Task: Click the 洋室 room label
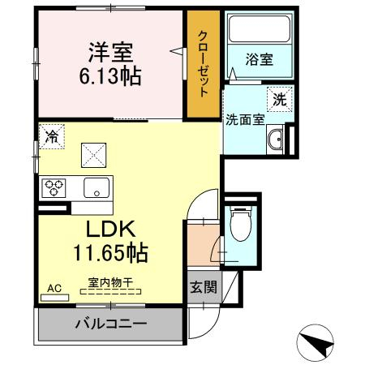click(x=110, y=53)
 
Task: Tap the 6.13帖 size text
click(x=110, y=76)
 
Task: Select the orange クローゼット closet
click(x=204, y=64)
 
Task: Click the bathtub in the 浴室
click(x=259, y=29)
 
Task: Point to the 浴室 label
click(x=259, y=59)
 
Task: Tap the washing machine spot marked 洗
click(x=280, y=99)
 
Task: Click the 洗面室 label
click(x=245, y=119)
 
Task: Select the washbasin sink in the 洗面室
click(x=275, y=140)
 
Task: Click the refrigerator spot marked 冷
click(x=52, y=136)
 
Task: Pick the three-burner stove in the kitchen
click(x=54, y=188)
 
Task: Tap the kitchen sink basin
click(x=97, y=187)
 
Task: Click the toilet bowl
click(x=241, y=224)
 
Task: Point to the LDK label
click(x=110, y=229)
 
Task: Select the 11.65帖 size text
click(x=110, y=253)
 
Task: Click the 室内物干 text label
click(x=110, y=283)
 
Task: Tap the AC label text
click(x=54, y=289)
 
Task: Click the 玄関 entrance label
click(x=204, y=287)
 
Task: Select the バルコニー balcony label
click(x=111, y=324)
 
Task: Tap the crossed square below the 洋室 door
click(x=93, y=155)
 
